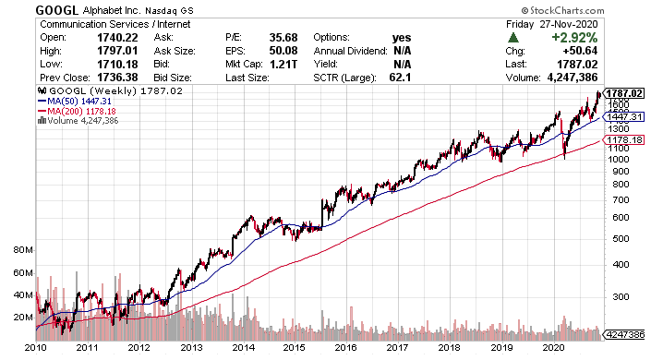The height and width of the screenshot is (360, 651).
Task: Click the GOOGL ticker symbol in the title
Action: [x=57, y=10]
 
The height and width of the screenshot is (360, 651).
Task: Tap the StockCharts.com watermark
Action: [x=562, y=10]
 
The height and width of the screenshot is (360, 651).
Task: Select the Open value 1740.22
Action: [x=117, y=37]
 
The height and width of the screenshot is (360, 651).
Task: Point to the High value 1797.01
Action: [x=117, y=51]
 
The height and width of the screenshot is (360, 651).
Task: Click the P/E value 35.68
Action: [x=283, y=37]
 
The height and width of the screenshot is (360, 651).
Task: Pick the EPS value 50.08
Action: [x=283, y=51]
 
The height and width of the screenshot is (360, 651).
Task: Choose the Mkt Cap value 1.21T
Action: [x=283, y=65]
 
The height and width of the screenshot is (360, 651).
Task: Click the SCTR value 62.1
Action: [x=400, y=78]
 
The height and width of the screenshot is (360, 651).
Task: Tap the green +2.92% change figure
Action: [x=574, y=37]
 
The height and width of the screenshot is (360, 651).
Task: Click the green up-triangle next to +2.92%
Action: [x=513, y=38]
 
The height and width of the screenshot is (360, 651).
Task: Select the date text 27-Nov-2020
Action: [x=569, y=24]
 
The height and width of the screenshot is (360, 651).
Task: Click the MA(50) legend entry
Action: [x=74, y=102]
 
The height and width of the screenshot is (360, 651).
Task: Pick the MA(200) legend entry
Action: [x=77, y=112]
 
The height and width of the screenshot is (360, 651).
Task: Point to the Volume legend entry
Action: [x=78, y=121]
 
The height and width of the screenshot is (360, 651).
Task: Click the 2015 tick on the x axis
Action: [x=294, y=348]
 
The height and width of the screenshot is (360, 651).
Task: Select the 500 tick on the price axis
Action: [x=621, y=239]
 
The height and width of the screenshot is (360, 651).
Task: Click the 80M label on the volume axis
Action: [x=23, y=250]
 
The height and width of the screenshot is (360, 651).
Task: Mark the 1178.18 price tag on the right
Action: [x=624, y=140]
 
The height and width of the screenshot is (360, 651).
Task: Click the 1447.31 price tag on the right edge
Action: [x=624, y=116]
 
